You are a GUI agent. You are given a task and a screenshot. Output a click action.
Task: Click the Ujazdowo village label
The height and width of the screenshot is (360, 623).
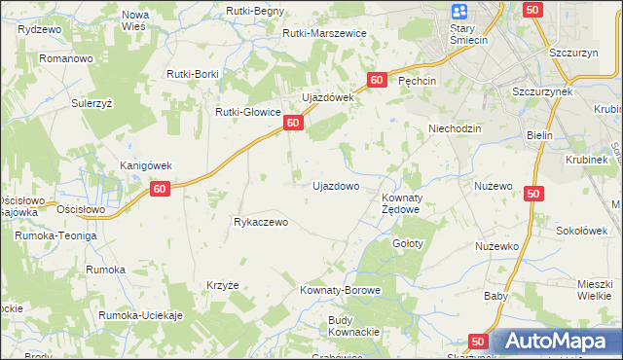pos(336,185)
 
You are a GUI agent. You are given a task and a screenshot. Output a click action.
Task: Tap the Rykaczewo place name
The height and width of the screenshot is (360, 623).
pos(261,222)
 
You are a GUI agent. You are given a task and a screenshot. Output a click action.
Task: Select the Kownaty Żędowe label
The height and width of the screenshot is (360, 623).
pos(399,203)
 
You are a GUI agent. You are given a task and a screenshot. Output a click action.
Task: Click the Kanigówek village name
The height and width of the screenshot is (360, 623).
pos(146,165)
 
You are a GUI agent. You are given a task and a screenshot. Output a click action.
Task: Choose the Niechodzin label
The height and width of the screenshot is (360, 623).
pos(456,128)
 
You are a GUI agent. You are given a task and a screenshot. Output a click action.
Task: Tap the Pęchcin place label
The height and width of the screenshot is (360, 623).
pos(421,83)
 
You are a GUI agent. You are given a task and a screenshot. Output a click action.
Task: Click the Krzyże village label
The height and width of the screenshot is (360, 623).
pos(222,285)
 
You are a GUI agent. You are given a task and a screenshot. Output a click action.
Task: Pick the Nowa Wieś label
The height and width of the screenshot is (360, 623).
pos(134,21)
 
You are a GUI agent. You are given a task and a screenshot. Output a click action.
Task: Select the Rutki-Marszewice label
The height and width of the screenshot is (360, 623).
pos(324,33)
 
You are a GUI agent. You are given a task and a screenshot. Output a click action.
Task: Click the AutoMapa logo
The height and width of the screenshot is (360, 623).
pos(557,342)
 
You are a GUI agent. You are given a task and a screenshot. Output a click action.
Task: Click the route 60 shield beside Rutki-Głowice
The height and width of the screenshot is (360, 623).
pos(293,124)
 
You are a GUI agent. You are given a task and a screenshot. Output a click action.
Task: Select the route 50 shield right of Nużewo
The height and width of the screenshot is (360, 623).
pos(532,195)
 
